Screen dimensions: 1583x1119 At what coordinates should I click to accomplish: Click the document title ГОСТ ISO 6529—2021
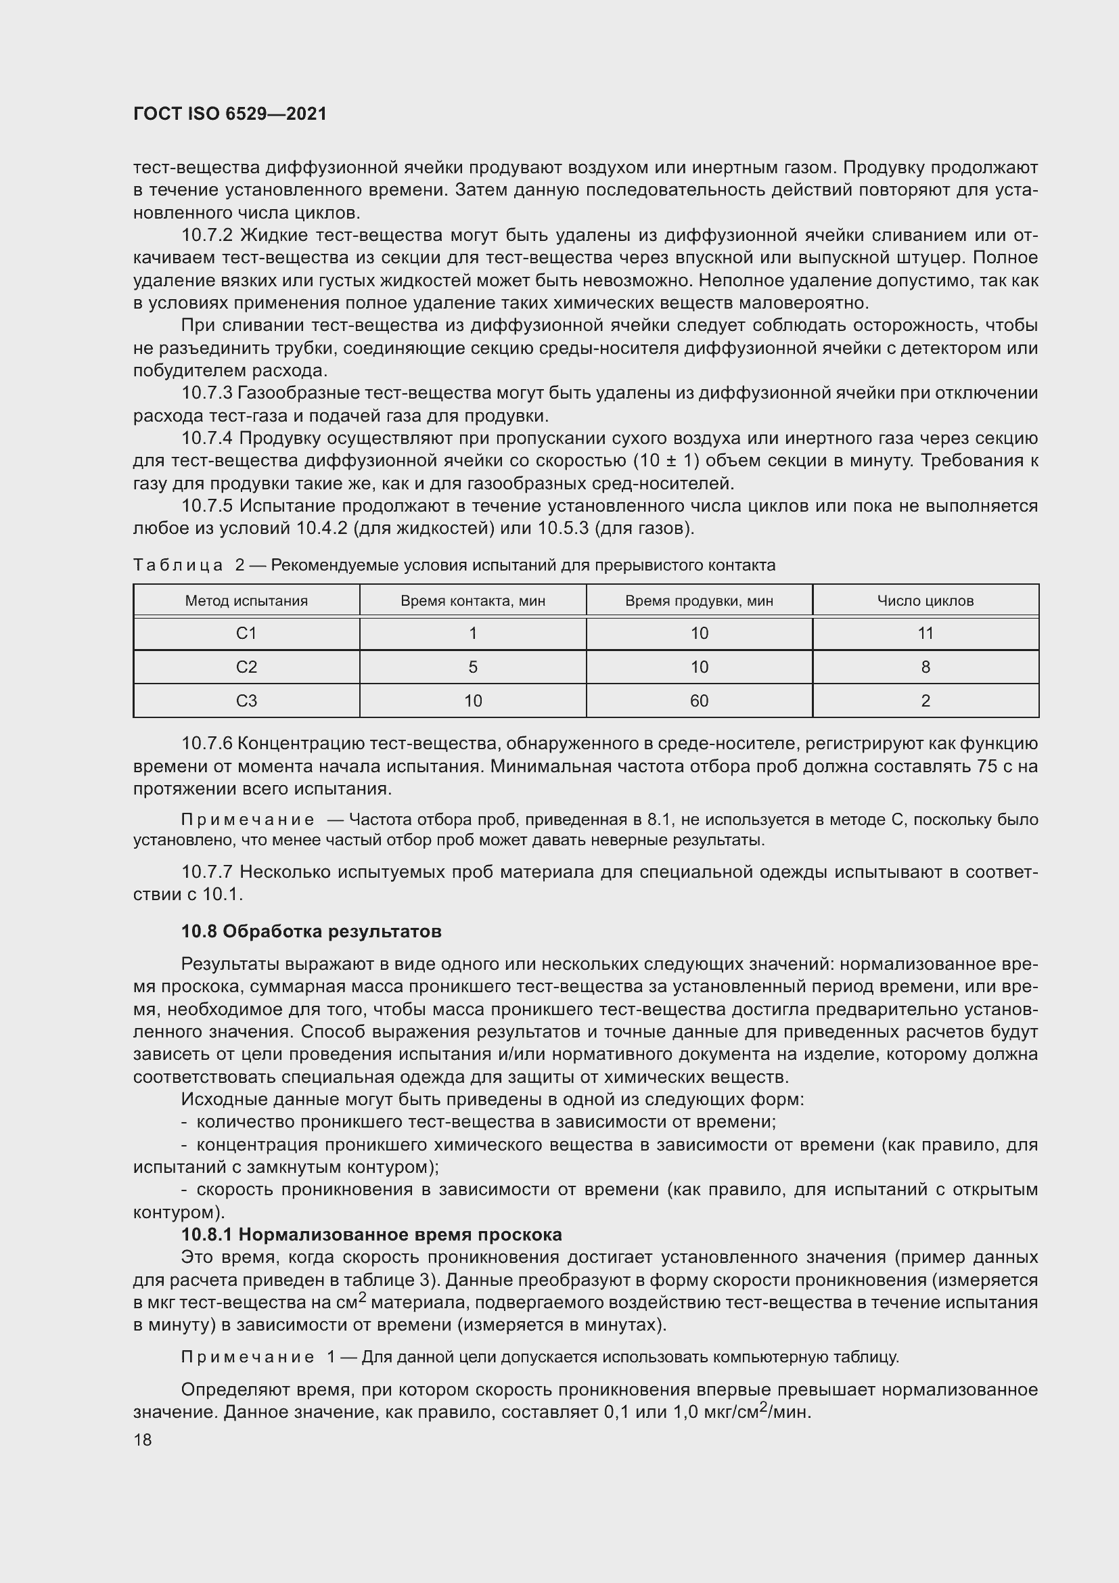click(229, 114)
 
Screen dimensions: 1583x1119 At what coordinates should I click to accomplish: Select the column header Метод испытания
click(246, 600)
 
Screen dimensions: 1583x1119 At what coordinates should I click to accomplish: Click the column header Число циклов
click(925, 600)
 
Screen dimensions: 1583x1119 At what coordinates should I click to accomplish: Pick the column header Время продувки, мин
click(699, 600)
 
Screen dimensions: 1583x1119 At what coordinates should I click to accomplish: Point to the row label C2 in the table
click(246, 667)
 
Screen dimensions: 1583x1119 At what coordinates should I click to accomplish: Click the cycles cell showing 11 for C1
click(925, 633)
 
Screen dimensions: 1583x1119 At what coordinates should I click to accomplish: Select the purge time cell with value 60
click(699, 700)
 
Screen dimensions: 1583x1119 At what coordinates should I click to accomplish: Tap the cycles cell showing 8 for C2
click(925, 667)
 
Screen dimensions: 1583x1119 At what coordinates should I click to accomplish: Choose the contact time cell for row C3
click(473, 700)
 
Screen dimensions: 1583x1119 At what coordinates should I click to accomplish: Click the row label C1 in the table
click(246, 633)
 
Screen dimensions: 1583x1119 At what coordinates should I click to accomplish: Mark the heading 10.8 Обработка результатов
click(311, 931)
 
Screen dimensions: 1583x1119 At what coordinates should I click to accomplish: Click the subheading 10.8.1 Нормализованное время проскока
click(371, 1234)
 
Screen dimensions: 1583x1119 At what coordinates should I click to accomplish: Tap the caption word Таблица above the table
click(178, 565)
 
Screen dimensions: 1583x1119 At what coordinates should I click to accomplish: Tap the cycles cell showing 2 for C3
click(925, 700)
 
